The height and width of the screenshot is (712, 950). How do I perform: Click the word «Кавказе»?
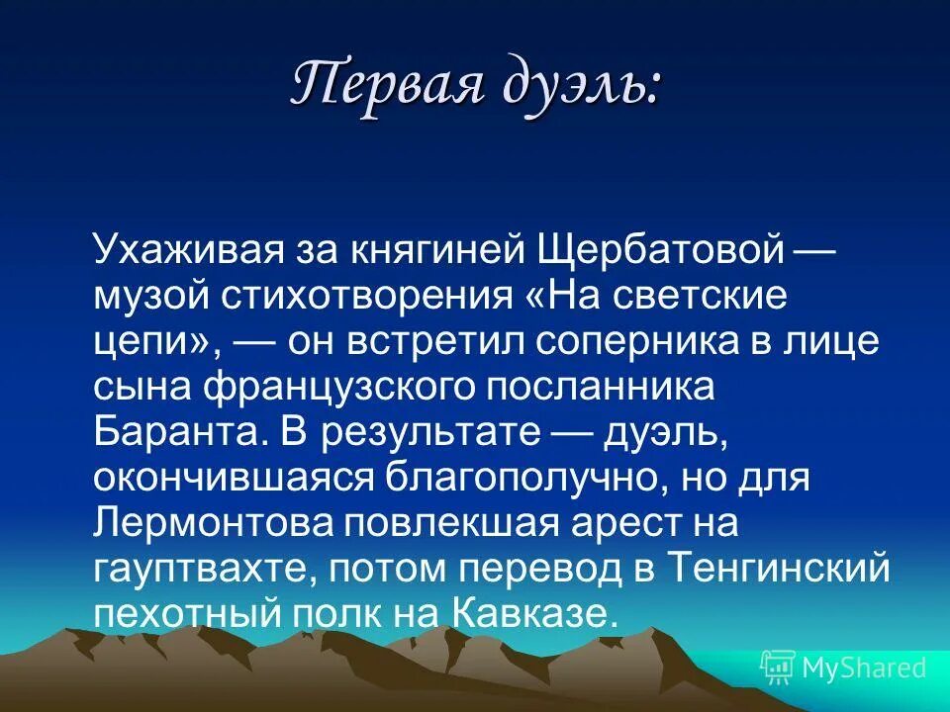535,612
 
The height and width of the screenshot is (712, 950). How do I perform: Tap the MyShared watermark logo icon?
777,667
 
